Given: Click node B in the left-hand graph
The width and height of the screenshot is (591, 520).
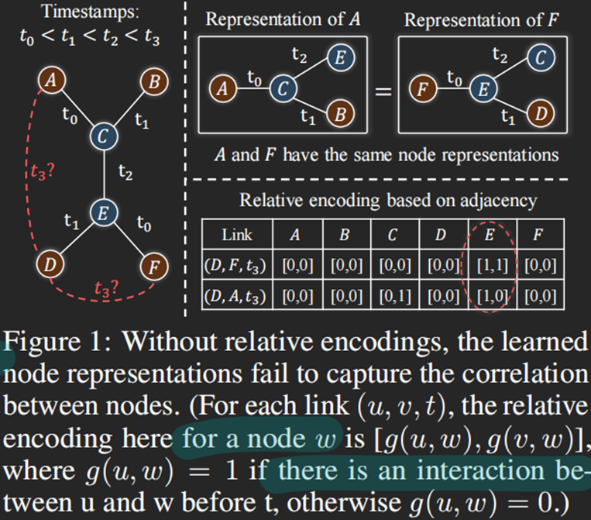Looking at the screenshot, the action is coord(151,81).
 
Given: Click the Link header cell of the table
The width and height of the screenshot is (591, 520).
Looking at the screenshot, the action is coord(236,234).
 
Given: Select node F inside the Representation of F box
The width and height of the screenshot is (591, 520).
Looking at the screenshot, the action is coord(421,90).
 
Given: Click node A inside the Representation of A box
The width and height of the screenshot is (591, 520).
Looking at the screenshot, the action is coord(223,90).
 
